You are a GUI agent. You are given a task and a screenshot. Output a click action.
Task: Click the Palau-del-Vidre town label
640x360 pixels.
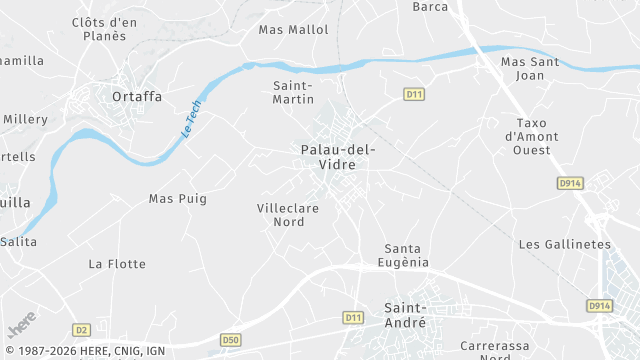(337, 156)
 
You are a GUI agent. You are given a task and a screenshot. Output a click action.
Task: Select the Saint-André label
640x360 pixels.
(405, 315)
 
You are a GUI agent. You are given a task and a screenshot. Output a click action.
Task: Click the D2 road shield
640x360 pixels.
(81, 329)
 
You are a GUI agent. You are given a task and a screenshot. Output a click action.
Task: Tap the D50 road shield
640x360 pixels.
(231, 340)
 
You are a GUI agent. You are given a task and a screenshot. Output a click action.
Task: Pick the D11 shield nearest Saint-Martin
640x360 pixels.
(414, 94)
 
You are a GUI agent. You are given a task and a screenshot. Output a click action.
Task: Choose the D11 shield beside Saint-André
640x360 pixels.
(352, 317)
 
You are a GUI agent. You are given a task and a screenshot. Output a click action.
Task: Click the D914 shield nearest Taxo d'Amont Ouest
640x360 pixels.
(569, 183)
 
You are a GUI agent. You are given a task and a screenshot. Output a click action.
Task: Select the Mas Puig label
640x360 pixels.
(177, 199)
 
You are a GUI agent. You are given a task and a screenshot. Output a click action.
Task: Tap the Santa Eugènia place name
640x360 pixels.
(407, 255)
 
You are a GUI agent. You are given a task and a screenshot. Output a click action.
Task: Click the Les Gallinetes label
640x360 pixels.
(564, 244)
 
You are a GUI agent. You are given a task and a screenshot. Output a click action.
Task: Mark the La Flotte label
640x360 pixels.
(117, 264)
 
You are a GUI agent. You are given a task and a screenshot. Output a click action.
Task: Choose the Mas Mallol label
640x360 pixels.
(293, 30)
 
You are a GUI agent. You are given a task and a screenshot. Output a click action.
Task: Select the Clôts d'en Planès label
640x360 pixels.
(105, 28)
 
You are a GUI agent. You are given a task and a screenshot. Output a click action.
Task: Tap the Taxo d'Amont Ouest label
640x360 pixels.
(531, 136)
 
